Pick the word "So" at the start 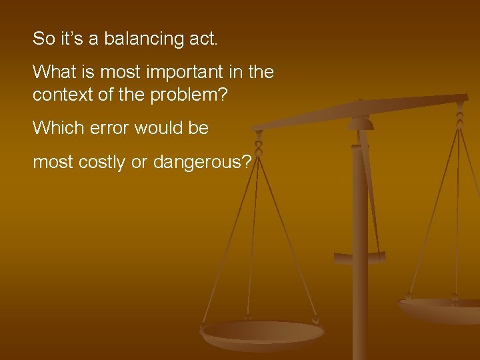pos(43,39)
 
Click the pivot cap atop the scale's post pos(361,123)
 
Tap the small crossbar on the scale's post pos(359,257)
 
